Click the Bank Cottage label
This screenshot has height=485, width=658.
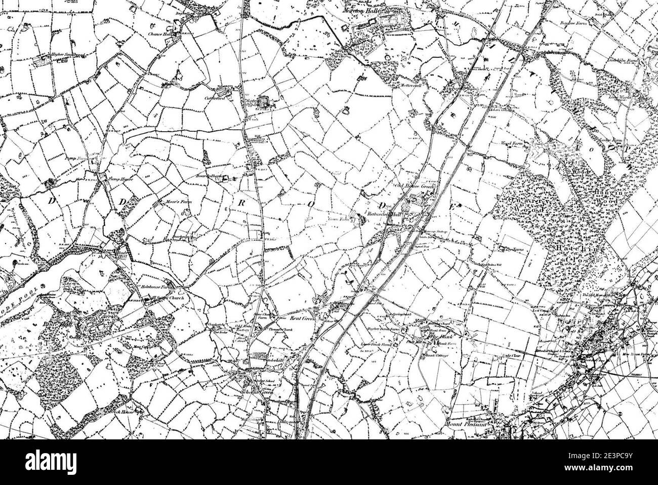pos(434,355)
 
